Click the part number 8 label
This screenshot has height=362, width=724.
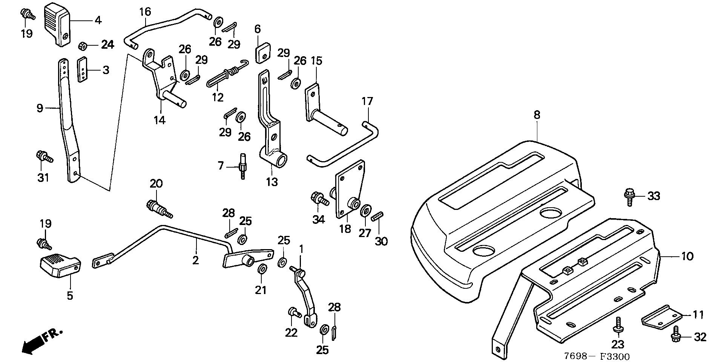pos(537,115)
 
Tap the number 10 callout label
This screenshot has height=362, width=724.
pos(687,256)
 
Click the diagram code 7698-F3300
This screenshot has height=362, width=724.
pos(597,356)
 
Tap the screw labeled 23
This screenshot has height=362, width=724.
pos(618,325)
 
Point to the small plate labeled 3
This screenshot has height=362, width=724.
pos(83,69)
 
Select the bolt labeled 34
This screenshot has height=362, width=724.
pos(318,199)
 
